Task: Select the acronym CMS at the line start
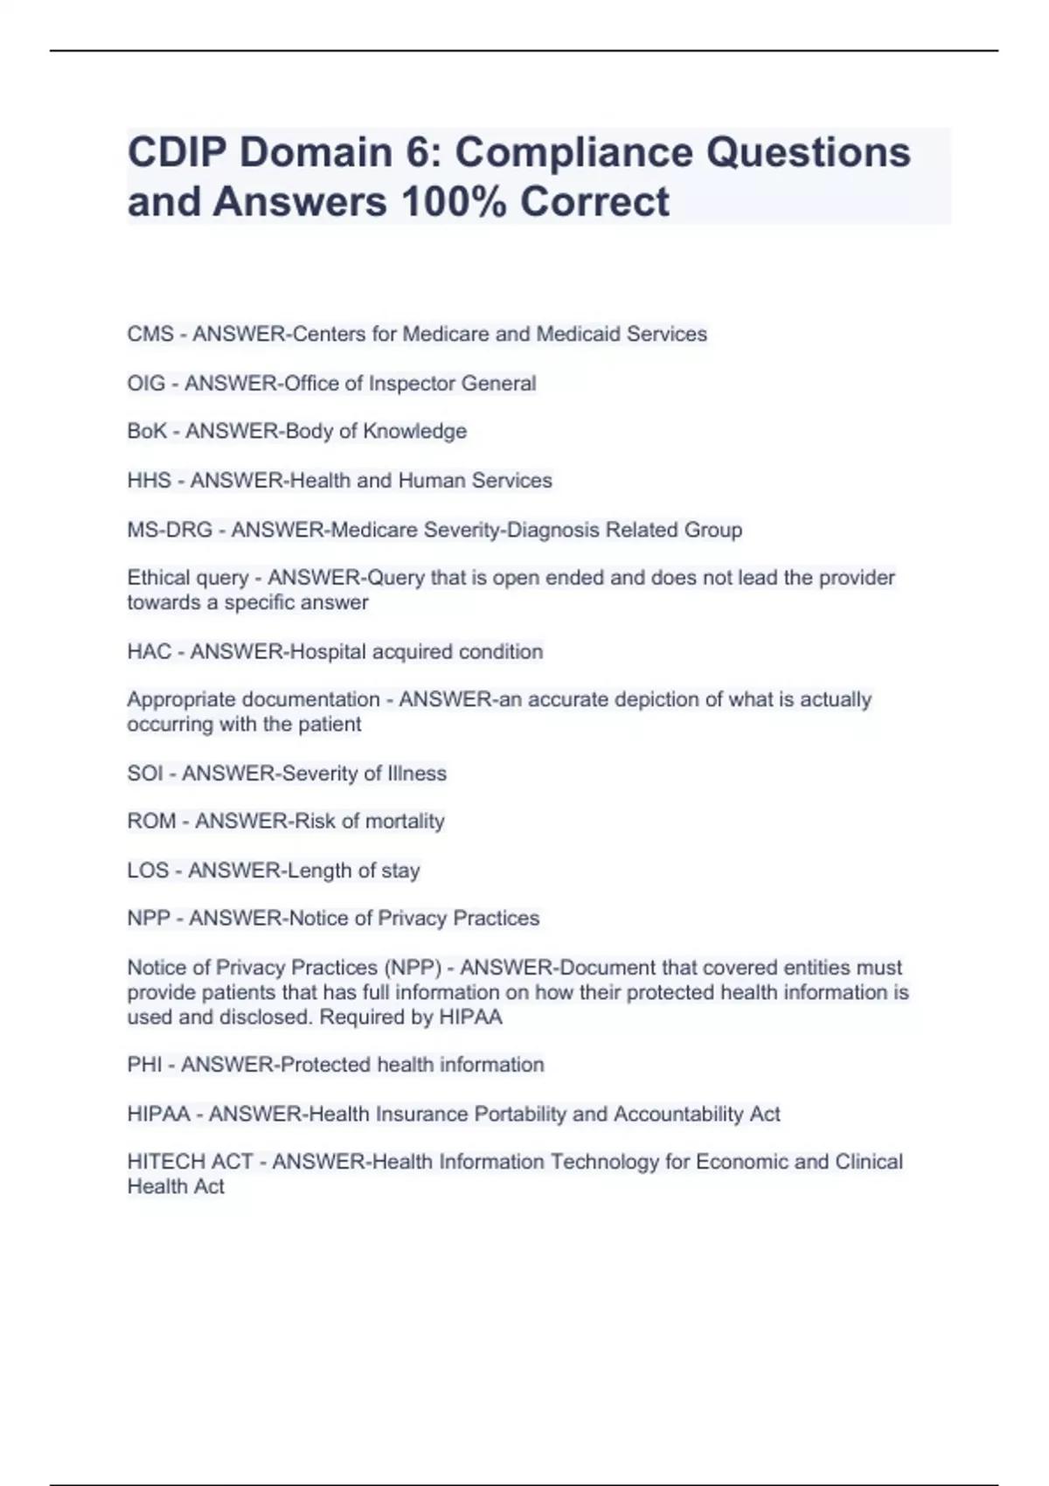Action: click(x=150, y=334)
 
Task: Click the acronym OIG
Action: click(x=146, y=383)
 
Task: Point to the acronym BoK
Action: click(x=147, y=431)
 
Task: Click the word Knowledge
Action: click(x=414, y=431)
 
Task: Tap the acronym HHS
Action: click(x=149, y=480)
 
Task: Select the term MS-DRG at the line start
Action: click(x=170, y=530)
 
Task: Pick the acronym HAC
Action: click(x=149, y=651)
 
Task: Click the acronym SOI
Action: click(x=145, y=773)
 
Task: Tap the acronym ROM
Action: click(x=151, y=821)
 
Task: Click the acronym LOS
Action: click(x=148, y=870)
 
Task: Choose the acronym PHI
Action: click(x=144, y=1065)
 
